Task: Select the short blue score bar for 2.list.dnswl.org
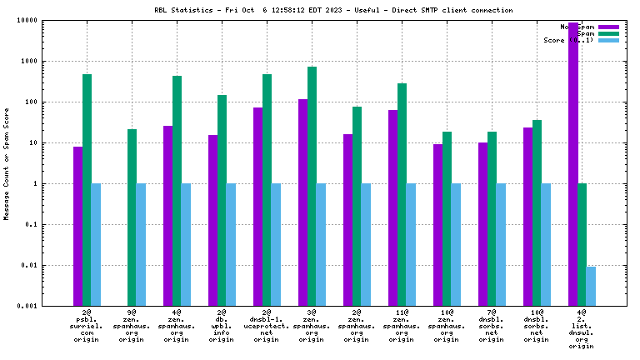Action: point(591,286)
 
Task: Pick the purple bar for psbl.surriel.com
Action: point(77,226)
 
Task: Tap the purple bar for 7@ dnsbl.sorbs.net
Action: point(483,224)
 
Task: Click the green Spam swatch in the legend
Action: point(608,33)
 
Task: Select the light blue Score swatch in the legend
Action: point(608,40)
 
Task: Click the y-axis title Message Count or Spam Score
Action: point(7,163)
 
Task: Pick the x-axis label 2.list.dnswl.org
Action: point(582,329)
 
